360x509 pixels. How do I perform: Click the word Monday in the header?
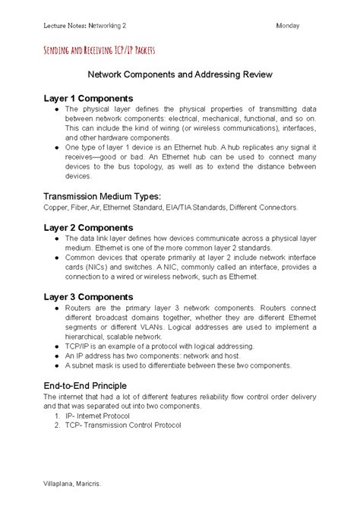point(289,26)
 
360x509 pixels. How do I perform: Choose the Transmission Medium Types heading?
point(103,195)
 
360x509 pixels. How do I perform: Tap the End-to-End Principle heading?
point(85,385)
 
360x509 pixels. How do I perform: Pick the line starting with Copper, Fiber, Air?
point(171,207)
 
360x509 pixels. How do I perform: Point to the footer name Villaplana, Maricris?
point(72,483)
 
